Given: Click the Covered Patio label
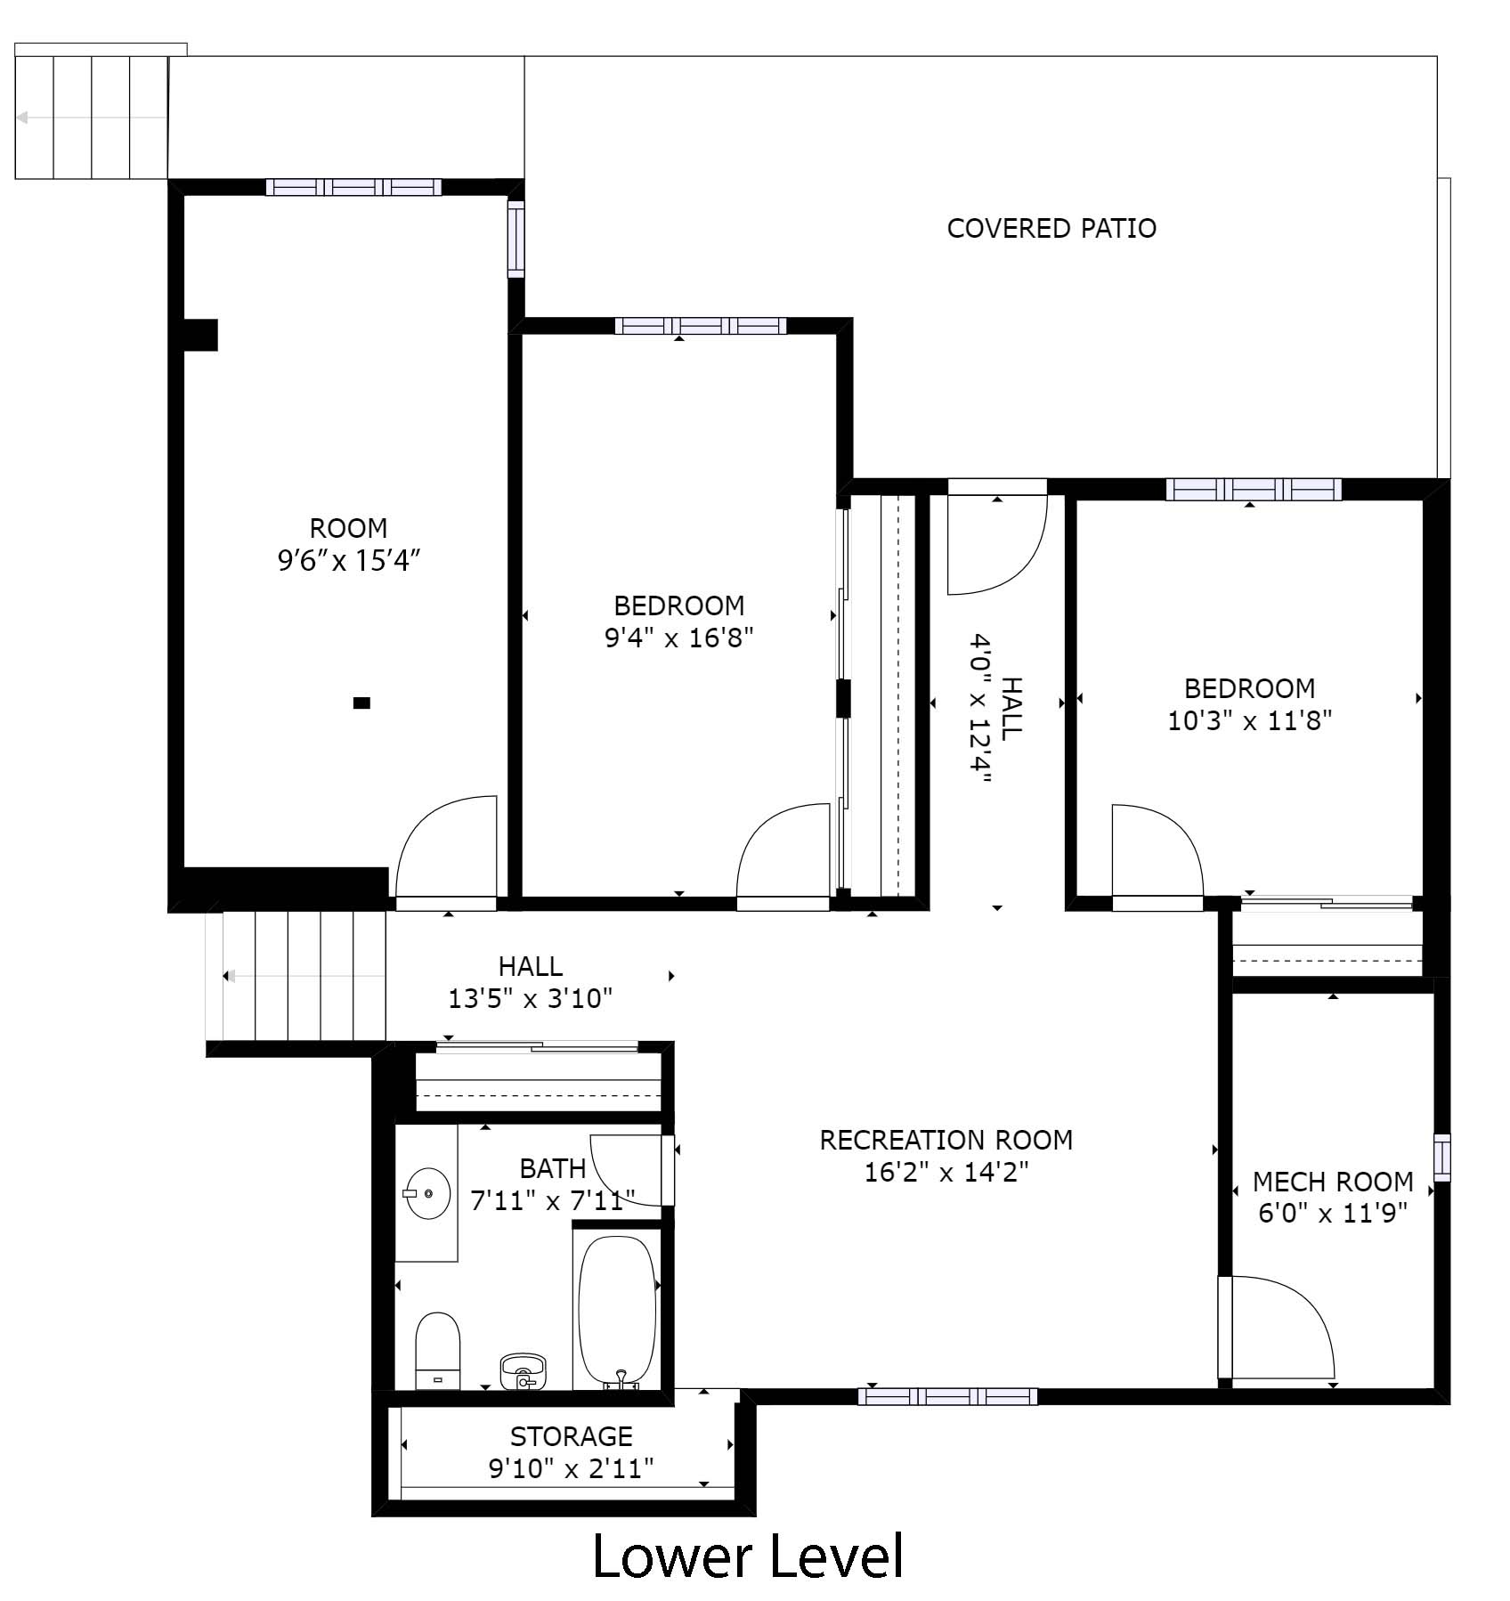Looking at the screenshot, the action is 1051,229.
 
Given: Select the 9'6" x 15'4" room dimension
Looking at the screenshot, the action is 348,561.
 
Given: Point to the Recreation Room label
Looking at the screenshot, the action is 946,1140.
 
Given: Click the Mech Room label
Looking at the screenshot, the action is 1333,1182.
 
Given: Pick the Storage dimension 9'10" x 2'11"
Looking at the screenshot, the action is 572,1468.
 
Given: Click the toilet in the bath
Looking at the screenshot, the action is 437,1350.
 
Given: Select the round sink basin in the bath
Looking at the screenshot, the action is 426,1193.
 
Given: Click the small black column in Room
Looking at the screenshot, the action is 361,703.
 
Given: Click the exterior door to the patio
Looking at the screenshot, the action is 997,538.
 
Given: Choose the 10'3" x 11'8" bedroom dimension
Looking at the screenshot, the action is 1249,720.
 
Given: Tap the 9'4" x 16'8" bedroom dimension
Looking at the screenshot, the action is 678,638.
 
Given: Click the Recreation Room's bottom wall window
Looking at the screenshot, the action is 947,1396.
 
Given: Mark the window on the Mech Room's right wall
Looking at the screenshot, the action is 1441,1157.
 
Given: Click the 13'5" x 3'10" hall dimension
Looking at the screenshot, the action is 531,999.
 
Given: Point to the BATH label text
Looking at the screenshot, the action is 553,1168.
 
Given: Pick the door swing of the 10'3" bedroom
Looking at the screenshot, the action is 1157,850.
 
